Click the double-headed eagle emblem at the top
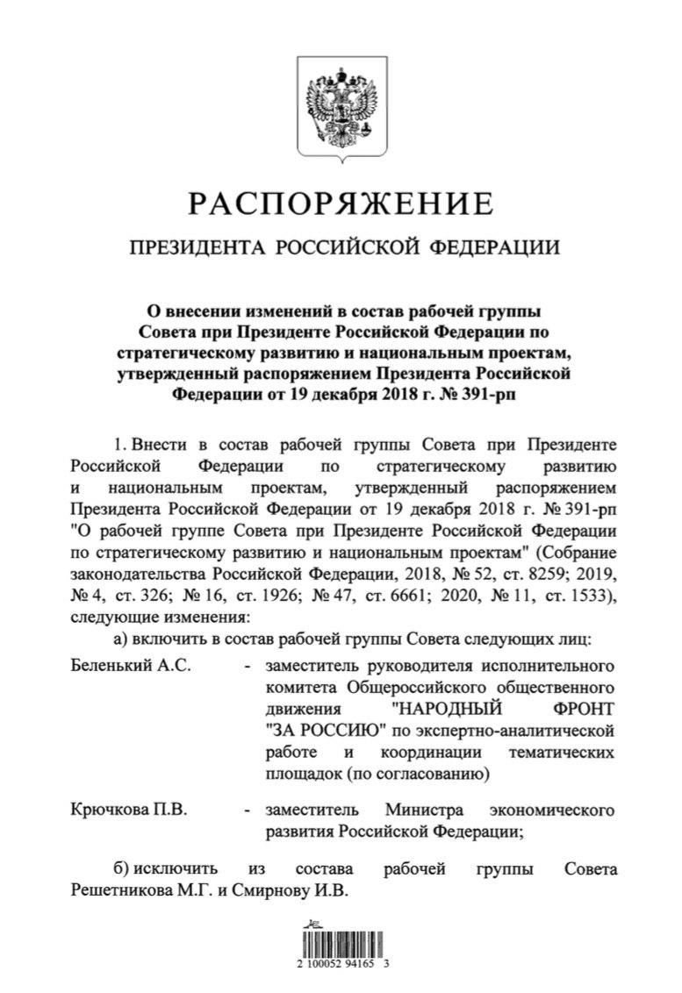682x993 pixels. coord(340,109)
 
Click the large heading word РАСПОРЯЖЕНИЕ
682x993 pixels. coord(341,204)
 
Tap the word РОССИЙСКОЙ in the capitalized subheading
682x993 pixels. coord(349,248)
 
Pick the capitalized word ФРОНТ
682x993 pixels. coord(575,706)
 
